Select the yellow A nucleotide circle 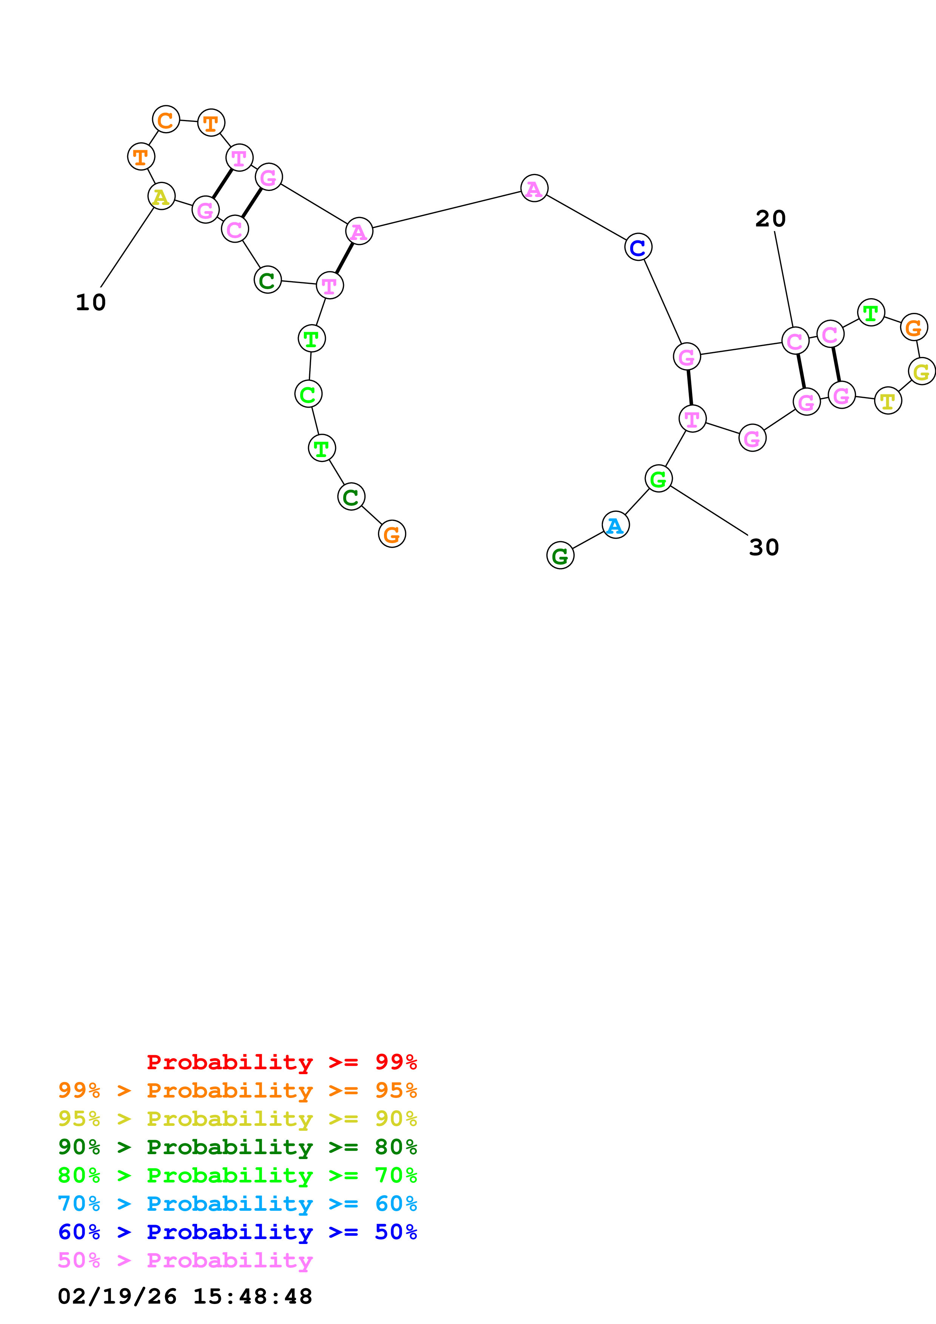tap(162, 197)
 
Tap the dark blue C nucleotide tap(638, 247)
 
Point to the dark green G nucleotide tap(560, 556)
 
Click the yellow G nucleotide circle tap(921, 371)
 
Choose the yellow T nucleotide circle tap(888, 401)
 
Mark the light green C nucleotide tap(308, 394)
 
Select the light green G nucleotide tap(658, 479)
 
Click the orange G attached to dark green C tap(392, 534)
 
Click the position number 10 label tap(91, 302)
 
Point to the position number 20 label tap(771, 219)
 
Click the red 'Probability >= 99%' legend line tap(281, 1062)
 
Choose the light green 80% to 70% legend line tap(237, 1176)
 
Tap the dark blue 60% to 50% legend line tap(237, 1232)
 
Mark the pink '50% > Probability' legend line tap(185, 1261)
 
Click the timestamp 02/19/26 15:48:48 tap(185, 1297)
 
